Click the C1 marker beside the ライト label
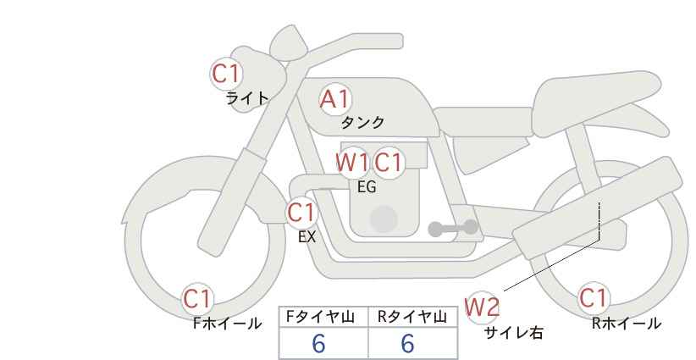226,74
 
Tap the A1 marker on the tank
335,99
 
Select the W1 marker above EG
352,163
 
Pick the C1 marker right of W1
388,163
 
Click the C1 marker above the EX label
301,213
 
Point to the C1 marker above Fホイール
197,299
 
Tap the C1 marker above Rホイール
593,298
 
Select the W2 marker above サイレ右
482,307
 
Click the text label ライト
247,98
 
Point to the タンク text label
362,122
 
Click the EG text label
367,187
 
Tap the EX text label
307,237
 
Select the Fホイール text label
228,324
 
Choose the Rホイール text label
627,324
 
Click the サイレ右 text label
514,333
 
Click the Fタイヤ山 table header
320,317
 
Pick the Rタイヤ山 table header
412,317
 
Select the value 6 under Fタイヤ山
318,343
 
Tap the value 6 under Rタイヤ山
407,343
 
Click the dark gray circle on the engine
384,219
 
